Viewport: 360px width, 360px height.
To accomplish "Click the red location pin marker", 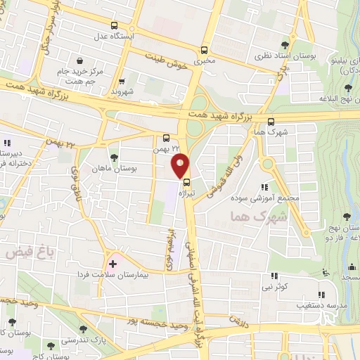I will tap(180, 165).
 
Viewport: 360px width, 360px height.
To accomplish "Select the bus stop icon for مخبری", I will tap(204, 50).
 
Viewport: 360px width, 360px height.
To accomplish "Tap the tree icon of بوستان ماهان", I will tap(114, 156).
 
